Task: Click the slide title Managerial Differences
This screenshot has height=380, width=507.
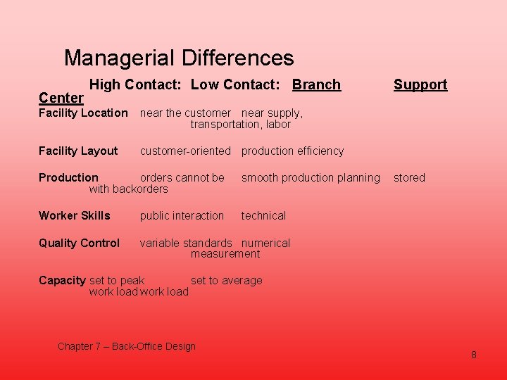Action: (178, 58)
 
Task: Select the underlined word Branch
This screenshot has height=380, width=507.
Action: (316, 85)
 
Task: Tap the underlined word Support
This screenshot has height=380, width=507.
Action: (420, 85)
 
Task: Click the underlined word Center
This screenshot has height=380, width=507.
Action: (61, 98)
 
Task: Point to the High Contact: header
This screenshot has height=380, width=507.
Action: (136, 85)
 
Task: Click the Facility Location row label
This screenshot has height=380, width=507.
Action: (83, 113)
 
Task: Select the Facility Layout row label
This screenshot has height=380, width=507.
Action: (78, 151)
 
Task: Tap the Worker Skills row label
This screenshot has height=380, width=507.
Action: (75, 216)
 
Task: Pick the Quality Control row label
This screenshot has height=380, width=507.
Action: (79, 243)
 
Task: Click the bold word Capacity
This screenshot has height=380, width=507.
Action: (62, 281)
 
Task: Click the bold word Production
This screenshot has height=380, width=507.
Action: (68, 178)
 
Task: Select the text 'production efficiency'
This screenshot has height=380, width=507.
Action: (292, 151)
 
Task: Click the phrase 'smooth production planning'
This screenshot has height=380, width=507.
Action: (311, 178)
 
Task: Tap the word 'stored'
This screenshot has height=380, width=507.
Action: (409, 178)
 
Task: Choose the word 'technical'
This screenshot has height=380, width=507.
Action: (263, 216)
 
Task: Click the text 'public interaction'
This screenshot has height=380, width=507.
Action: (182, 216)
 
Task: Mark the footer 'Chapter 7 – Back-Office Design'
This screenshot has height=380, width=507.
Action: (127, 346)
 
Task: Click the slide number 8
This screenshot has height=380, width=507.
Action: (473, 355)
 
